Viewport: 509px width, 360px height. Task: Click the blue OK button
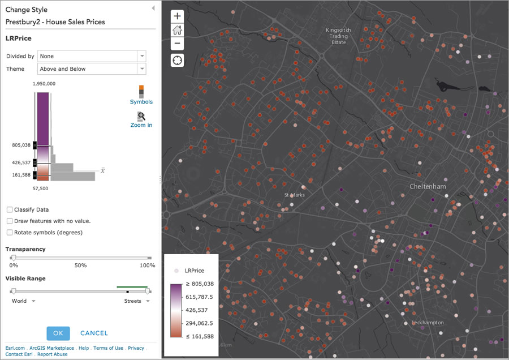[58, 333]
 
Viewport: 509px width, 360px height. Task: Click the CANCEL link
[94, 333]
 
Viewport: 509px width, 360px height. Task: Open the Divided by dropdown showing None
[92, 56]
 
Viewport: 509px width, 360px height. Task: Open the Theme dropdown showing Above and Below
[92, 69]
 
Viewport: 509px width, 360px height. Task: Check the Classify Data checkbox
[10, 210]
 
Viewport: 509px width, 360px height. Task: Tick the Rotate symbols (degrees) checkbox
[10, 233]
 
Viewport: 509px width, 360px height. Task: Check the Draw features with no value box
[10, 221]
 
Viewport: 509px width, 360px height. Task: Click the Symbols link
[141, 102]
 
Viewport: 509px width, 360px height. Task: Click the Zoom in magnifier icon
[141, 117]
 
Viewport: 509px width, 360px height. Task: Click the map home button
[178, 30]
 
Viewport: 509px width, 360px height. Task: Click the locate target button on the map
[178, 60]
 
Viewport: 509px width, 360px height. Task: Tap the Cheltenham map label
[428, 186]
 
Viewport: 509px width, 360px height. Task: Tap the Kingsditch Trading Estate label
[338, 36]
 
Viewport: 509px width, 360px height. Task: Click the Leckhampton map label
[428, 323]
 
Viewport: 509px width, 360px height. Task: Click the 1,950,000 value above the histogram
[44, 83]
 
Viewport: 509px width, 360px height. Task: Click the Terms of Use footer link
[108, 348]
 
